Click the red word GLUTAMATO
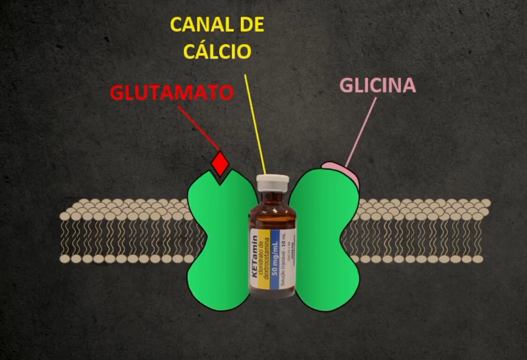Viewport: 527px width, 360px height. tap(172, 93)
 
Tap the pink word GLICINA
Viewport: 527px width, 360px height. tap(378, 85)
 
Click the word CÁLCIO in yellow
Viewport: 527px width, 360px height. tap(218, 52)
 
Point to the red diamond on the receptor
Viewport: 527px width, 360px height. tap(221, 164)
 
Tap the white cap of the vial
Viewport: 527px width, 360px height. tap(273, 182)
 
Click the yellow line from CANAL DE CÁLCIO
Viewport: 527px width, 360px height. tap(255, 124)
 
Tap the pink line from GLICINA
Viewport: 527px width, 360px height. tap(361, 132)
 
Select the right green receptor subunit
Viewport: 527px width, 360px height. tap(325, 239)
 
